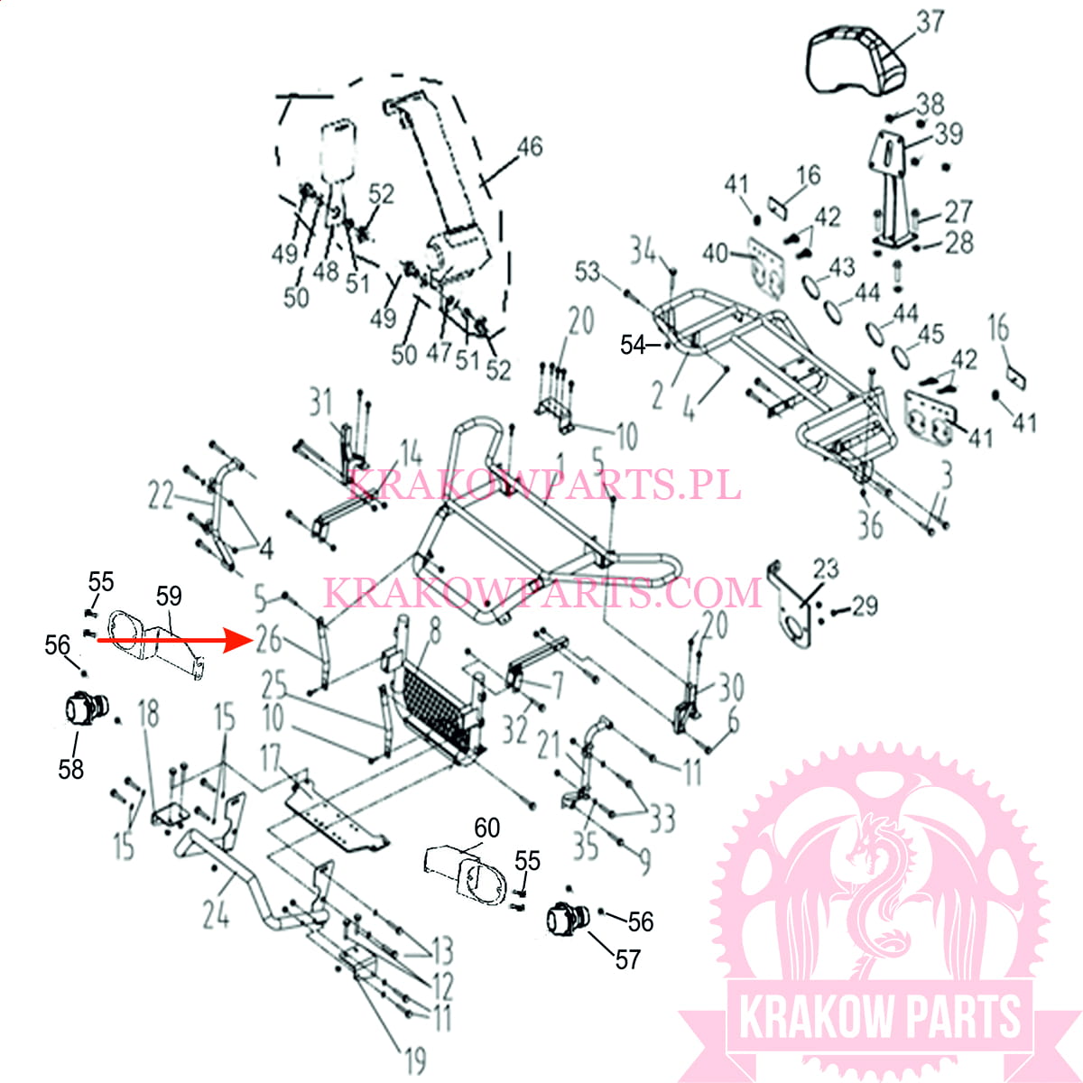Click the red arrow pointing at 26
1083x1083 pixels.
point(171,640)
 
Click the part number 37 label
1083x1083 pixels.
point(930,21)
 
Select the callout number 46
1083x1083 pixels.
point(529,146)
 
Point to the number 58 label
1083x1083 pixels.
point(71,768)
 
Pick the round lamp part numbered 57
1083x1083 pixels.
point(567,919)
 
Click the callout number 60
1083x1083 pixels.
point(486,828)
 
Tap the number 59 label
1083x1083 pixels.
point(169,596)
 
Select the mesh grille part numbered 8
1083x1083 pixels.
point(439,710)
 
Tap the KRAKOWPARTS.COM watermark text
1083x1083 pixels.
point(541,593)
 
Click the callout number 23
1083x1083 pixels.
point(825,569)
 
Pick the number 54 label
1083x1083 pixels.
point(633,344)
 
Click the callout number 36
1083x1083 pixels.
point(869,524)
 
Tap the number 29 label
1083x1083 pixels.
point(865,605)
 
